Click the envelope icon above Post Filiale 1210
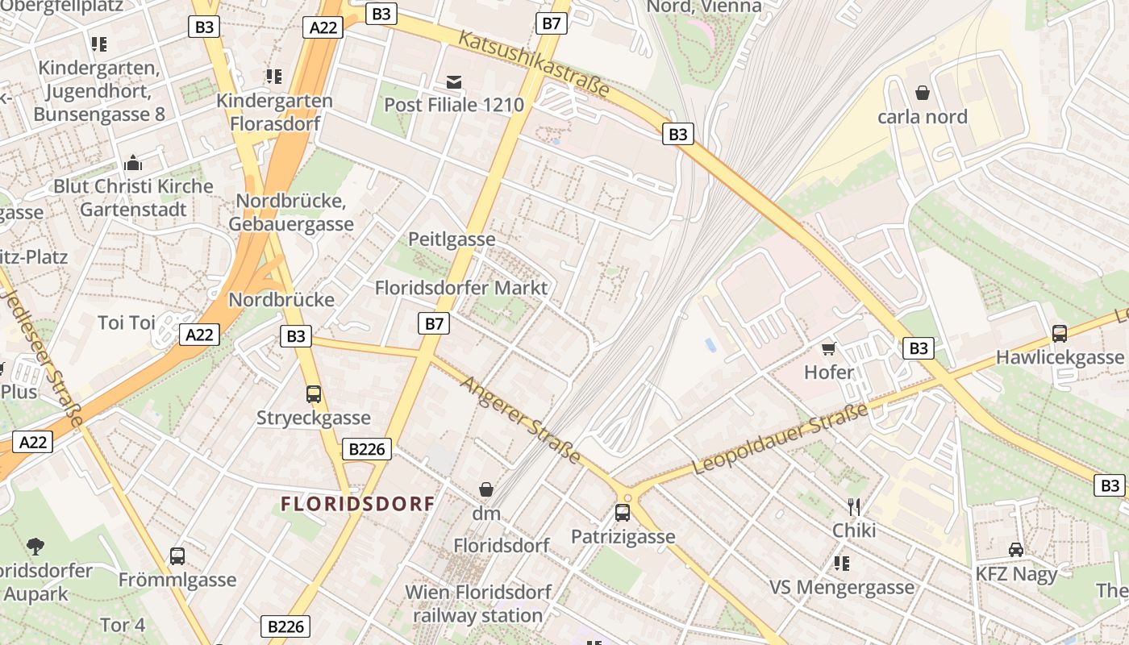[x=454, y=81]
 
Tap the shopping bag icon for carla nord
[x=923, y=94]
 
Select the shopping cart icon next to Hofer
[x=828, y=348]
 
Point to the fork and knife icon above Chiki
[x=854, y=507]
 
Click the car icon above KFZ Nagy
[x=1016, y=549]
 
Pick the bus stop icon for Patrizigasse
[x=622, y=512]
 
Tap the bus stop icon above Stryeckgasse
[x=314, y=393]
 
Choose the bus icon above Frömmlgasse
[x=177, y=556]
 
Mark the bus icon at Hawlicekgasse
[x=1060, y=333]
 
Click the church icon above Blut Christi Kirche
[x=133, y=163]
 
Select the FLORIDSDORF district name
[x=357, y=504]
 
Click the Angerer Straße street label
[x=520, y=419]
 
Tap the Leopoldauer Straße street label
[x=780, y=439]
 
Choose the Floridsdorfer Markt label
[x=461, y=288]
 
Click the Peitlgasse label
[x=452, y=239]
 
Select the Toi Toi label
[x=126, y=322]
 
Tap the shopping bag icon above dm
[x=486, y=489]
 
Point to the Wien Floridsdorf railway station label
[x=477, y=604]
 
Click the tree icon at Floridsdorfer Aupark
[x=35, y=547]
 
